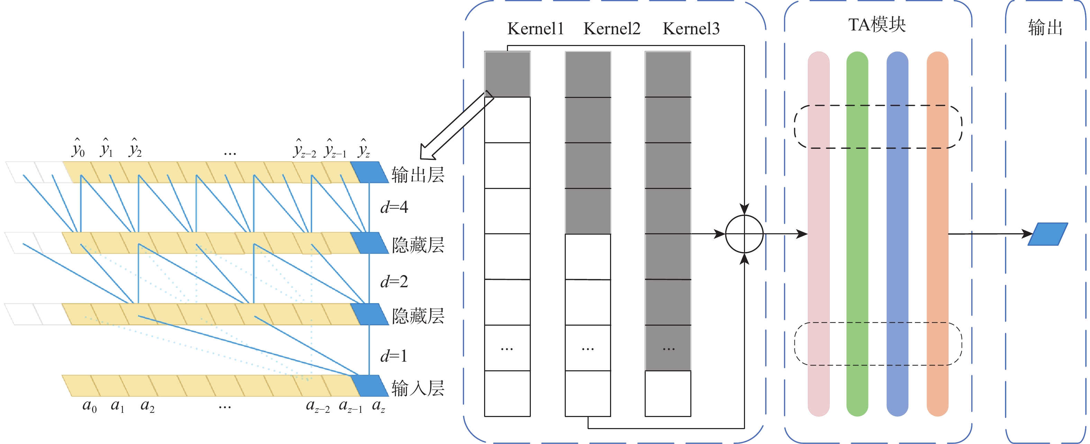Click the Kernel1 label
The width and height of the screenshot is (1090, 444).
[x=535, y=29]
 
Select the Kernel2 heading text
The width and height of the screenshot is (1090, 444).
[x=612, y=29]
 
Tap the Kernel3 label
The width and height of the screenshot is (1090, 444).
[x=691, y=29]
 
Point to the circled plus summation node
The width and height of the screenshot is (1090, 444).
[x=744, y=234]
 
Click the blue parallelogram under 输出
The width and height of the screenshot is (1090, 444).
[x=1048, y=234]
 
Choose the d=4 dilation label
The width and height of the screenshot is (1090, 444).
[x=394, y=207]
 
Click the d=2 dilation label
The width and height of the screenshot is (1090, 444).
[x=394, y=281]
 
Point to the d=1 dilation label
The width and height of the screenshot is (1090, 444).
[x=394, y=356]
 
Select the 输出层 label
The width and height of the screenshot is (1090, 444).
[x=418, y=174]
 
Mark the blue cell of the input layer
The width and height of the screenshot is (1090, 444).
[x=370, y=385]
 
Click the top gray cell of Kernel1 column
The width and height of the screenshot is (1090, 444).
[x=507, y=74]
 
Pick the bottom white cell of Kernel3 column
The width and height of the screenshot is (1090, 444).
[x=668, y=393]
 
